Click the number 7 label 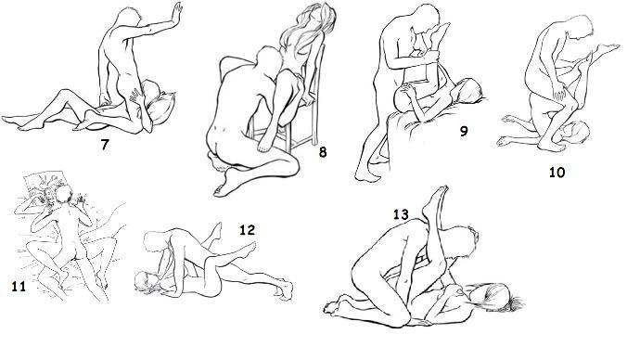pyautogui.click(x=105, y=145)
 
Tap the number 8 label pyautogui.click(x=323, y=152)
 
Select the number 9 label pyautogui.click(x=463, y=131)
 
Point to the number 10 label pyautogui.click(x=557, y=173)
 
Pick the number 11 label pyautogui.click(x=19, y=287)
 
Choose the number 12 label pyautogui.click(x=247, y=230)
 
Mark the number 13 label pyautogui.click(x=401, y=214)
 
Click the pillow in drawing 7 pyautogui.click(x=162, y=107)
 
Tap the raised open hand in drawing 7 pyautogui.click(x=177, y=11)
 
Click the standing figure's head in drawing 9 pyautogui.click(x=426, y=19)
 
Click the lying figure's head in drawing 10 pyautogui.click(x=575, y=132)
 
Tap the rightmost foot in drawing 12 pyautogui.click(x=285, y=289)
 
